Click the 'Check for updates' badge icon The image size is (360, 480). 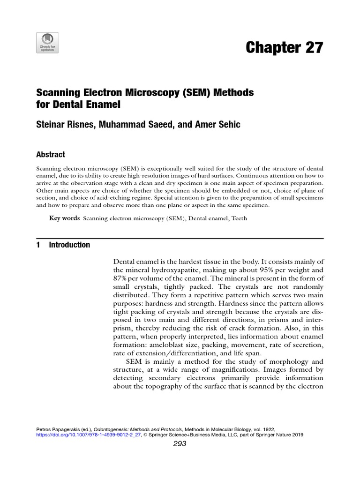[x=47, y=43]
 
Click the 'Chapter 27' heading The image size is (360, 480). [x=285, y=48]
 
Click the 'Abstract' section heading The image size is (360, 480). [x=51, y=154]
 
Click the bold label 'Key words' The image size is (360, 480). [x=64, y=218]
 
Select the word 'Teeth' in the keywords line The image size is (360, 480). [x=239, y=218]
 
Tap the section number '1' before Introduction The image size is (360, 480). [x=38, y=245]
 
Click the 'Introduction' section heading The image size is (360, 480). [x=69, y=245]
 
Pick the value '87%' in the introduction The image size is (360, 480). [x=121, y=279]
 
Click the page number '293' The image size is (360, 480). [x=180, y=444]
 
